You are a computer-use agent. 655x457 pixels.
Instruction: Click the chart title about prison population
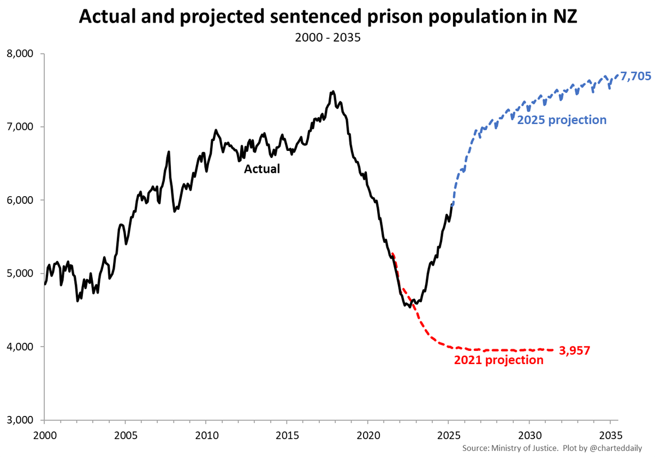[327, 17]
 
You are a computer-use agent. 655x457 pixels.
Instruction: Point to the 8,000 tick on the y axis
[21, 54]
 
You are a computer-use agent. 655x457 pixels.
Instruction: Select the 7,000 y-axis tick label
[21, 127]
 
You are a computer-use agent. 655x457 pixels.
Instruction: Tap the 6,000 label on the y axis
[21, 200]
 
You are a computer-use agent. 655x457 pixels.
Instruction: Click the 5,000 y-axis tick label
[21, 273]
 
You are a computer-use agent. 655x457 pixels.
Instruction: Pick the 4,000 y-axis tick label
[21, 347]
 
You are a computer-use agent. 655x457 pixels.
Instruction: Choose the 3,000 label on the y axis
[21, 420]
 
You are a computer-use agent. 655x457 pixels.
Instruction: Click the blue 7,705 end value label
[635, 77]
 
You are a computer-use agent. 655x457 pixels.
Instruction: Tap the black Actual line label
[261, 169]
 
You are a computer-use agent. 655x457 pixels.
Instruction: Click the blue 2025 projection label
[562, 120]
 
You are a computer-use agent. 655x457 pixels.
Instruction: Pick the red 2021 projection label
[498, 360]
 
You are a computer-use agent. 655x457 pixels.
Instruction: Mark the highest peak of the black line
[333, 91]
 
